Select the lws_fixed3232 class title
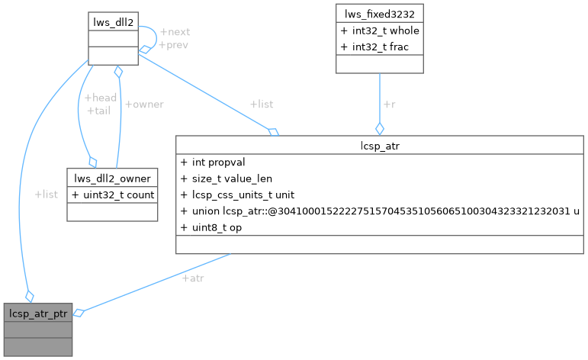(379, 13)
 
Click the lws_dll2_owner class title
(112, 178)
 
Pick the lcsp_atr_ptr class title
(38, 313)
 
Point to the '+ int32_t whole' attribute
(381, 31)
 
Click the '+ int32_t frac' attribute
(375, 47)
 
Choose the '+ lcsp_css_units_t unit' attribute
(237, 195)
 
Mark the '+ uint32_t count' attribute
(112, 194)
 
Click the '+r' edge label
(389, 104)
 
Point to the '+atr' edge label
(192, 278)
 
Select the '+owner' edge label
(144, 104)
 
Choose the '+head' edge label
(100, 98)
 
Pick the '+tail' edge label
(98, 111)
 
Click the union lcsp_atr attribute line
(380, 211)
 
